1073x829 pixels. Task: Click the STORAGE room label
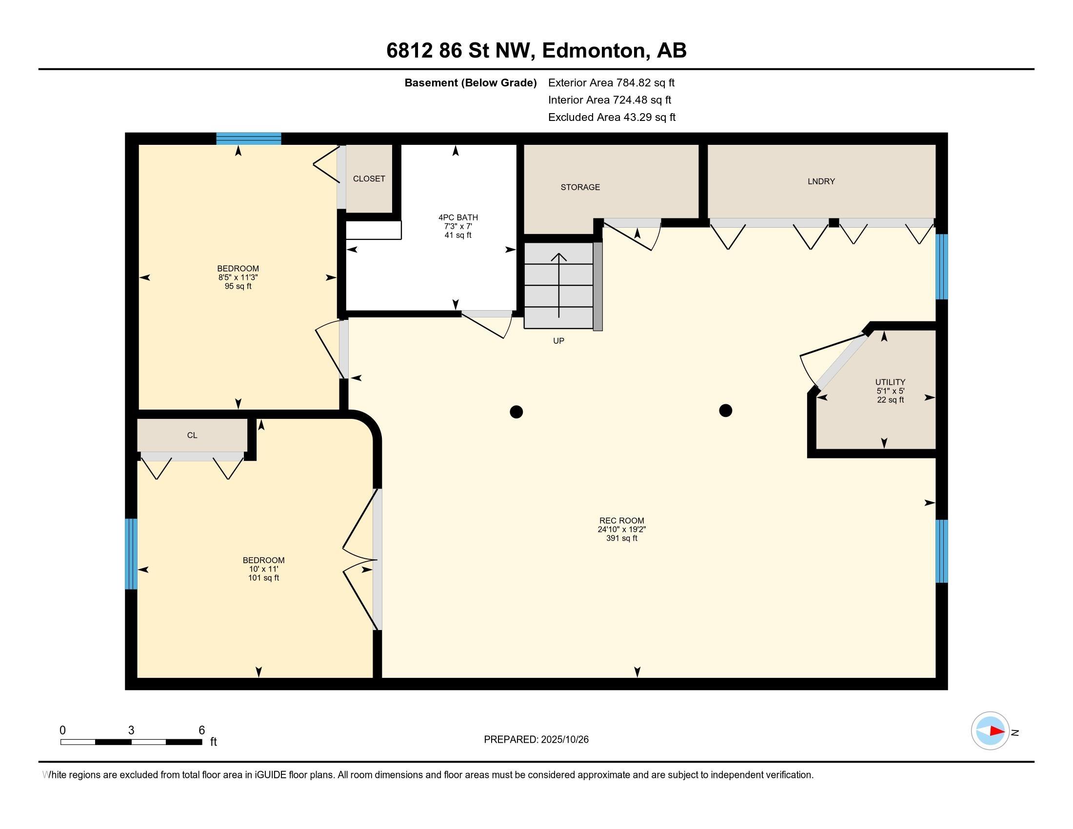pyautogui.click(x=580, y=187)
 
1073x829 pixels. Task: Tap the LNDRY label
pyautogui.click(x=821, y=181)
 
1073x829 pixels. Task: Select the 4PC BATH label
pyautogui.click(x=458, y=217)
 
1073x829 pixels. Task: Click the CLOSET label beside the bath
pyautogui.click(x=369, y=179)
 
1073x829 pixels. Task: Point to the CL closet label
pyautogui.click(x=192, y=435)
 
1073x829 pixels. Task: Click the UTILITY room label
pyautogui.click(x=890, y=382)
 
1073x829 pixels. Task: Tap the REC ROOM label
pyautogui.click(x=621, y=521)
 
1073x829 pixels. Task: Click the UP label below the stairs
pyautogui.click(x=558, y=341)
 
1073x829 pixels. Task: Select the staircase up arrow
pyautogui.click(x=558, y=285)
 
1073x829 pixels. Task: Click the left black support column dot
pyautogui.click(x=516, y=412)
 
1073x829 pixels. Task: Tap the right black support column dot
pyautogui.click(x=726, y=410)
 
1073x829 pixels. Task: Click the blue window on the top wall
pyautogui.click(x=249, y=138)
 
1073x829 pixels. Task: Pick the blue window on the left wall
pyautogui.click(x=131, y=553)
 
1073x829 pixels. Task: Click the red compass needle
pyautogui.click(x=996, y=731)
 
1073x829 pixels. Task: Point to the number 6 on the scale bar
pyautogui.click(x=201, y=730)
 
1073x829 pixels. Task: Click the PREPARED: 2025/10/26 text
pyautogui.click(x=536, y=740)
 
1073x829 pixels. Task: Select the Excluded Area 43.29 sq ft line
pyautogui.click(x=612, y=118)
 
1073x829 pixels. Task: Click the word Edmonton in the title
pyautogui.click(x=593, y=51)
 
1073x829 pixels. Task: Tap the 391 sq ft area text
pyautogui.click(x=621, y=538)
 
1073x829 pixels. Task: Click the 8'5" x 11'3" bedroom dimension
pyautogui.click(x=238, y=277)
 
